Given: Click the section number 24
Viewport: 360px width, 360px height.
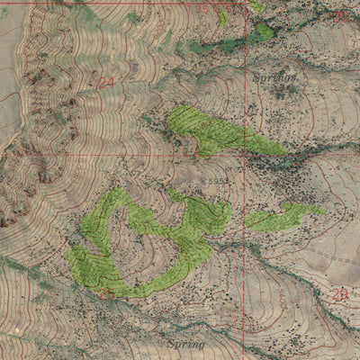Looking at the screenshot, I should [x=107, y=82].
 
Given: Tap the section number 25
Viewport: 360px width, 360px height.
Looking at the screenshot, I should [x=108, y=294].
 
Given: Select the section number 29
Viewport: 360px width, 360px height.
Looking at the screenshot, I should [x=338, y=294].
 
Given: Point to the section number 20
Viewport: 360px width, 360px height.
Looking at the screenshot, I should [x=340, y=16].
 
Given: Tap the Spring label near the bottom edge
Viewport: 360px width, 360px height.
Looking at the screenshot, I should [x=185, y=343].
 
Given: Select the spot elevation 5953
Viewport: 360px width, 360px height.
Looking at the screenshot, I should [x=216, y=181].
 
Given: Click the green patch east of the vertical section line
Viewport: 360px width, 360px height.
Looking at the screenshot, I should [x=283, y=216].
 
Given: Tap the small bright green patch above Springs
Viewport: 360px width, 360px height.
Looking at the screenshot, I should [x=263, y=31].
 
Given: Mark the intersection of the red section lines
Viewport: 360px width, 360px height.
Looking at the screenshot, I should [x=245, y=155].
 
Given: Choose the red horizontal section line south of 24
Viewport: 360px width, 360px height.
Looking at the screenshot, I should [x=108, y=155].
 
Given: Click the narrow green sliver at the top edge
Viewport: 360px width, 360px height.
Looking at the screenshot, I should [x=223, y=16].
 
